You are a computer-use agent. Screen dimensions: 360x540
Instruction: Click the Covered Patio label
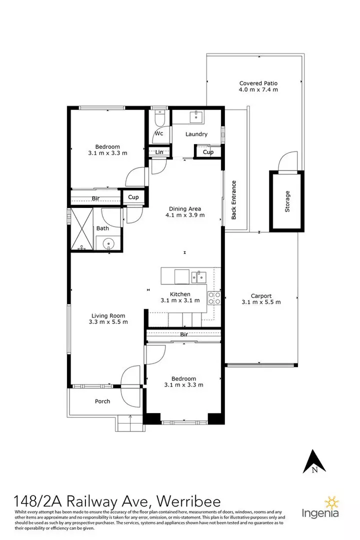(x=258, y=83)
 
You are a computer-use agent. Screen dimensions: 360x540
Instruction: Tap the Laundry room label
(x=196, y=134)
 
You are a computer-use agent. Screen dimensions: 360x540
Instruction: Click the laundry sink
(x=196, y=116)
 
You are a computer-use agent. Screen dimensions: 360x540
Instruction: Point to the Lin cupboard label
(x=159, y=152)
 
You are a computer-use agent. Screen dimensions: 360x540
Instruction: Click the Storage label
(x=287, y=201)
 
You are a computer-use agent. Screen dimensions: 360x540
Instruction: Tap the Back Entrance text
(x=234, y=200)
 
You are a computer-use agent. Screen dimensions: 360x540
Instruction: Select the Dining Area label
(x=185, y=208)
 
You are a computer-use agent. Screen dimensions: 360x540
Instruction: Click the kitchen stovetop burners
(x=214, y=298)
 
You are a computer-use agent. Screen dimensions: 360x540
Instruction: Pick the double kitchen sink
(x=199, y=276)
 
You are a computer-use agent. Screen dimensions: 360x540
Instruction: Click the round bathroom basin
(x=108, y=244)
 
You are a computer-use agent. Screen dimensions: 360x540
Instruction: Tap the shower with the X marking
(x=82, y=229)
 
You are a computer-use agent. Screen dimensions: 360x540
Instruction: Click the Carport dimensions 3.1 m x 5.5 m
(x=261, y=302)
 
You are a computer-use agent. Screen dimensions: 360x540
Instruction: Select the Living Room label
(x=108, y=315)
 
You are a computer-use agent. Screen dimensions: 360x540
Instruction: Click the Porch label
(x=102, y=401)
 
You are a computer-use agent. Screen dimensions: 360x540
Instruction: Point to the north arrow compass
(x=314, y=461)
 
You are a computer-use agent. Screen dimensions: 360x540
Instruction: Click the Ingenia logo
(x=320, y=507)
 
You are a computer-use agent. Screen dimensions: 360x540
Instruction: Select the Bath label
(x=102, y=228)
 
